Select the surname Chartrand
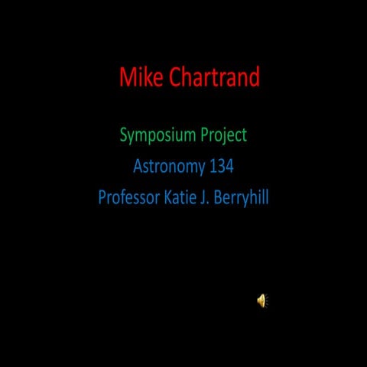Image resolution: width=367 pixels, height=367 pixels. [214, 77]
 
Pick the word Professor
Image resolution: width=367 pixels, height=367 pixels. [128, 197]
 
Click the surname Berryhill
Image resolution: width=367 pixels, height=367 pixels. [242, 197]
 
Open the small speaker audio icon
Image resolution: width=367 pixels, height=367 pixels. [261, 300]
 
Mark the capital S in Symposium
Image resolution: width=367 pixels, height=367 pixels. [124, 136]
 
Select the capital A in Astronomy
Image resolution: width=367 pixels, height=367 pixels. [138, 167]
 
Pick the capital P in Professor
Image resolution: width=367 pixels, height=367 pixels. [102, 197]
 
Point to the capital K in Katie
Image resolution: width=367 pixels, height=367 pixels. [167, 197]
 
